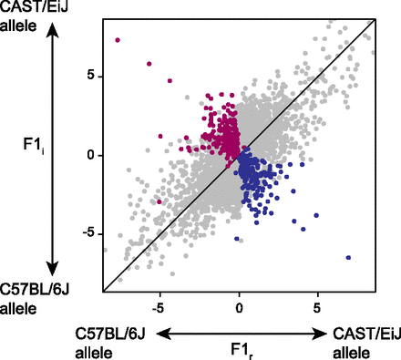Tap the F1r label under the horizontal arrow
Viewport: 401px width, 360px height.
pos(239,349)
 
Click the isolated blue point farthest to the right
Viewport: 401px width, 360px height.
pos(348,258)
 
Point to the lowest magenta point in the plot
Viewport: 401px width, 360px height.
pos(159,201)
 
